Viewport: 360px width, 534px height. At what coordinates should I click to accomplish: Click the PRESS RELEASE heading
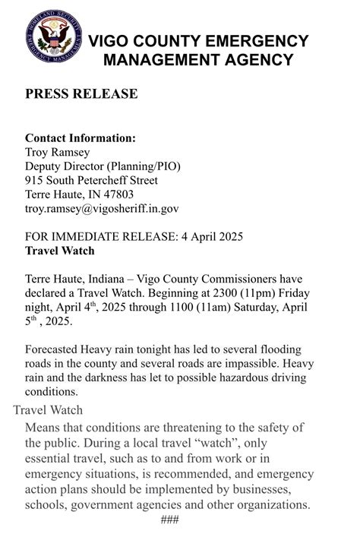81,94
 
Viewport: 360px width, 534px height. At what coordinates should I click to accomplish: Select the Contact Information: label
81,138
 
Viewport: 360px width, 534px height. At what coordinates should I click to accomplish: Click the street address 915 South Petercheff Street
91,181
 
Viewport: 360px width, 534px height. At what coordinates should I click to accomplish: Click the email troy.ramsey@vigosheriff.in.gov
102,208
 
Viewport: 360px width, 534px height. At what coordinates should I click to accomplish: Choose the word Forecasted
54,349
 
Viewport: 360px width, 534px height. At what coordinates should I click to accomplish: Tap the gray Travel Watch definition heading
48,410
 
